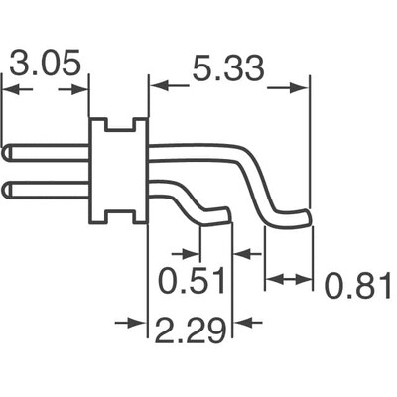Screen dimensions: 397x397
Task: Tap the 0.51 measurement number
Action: [191, 283]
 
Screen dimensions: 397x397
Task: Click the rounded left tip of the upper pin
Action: [8, 153]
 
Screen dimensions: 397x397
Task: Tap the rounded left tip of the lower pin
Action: [8, 188]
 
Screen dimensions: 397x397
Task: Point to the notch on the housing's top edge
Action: [119, 126]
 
